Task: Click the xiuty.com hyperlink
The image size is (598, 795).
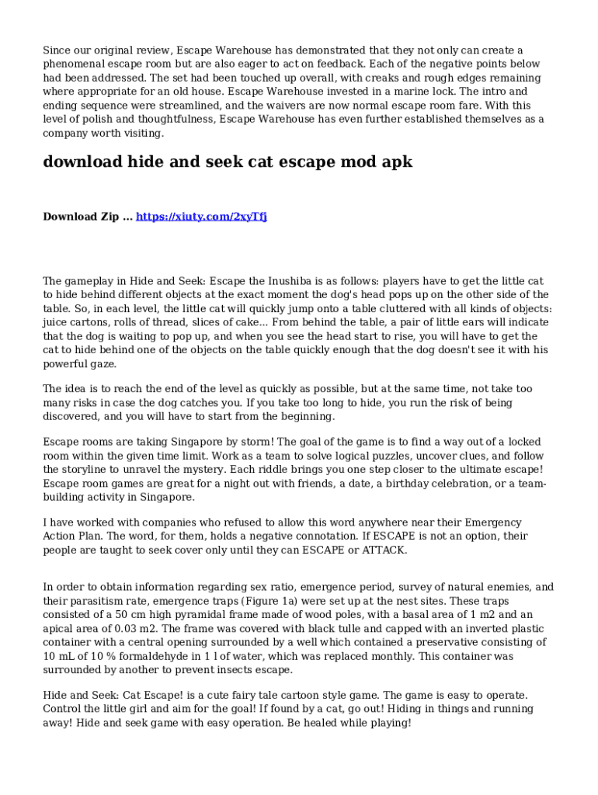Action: pyautogui.click(x=201, y=217)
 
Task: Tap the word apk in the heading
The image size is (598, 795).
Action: pyautogui.click(x=395, y=162)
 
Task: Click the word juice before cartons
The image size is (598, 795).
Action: pyautogui.click(x=57, y=323)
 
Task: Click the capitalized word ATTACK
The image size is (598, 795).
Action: pyautogui.click(x=381, y=550)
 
